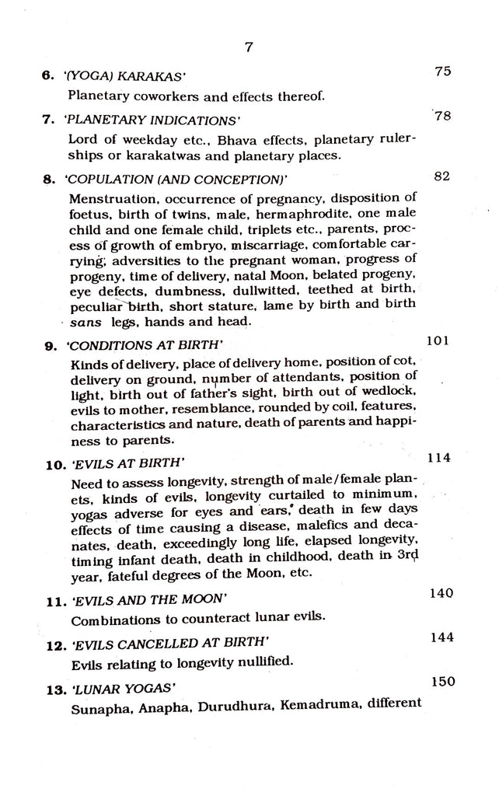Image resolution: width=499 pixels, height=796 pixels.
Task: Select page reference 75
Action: tap(443, 72)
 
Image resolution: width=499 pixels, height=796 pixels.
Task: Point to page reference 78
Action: tap(443, 117)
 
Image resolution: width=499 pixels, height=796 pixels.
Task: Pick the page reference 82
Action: tap(441, 176)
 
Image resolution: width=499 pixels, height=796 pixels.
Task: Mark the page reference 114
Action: tap(438, 457)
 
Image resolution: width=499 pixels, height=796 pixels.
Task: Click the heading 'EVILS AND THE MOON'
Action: tap(148, 601)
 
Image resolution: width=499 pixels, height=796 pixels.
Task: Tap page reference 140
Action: tap(441, 593)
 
